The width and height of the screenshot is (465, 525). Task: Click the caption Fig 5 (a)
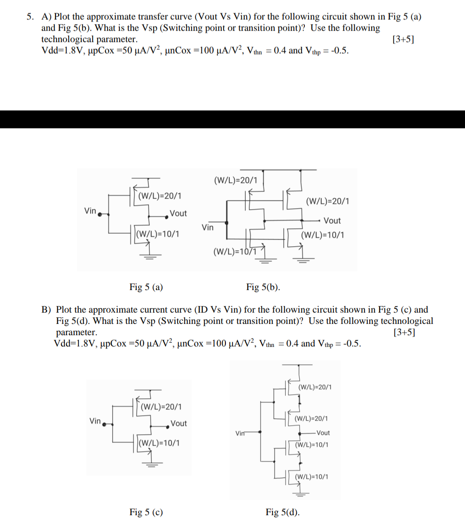pyautogui.click(x=146, y=287)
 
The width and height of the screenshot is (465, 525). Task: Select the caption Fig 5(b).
pyautogui.click(x=263, y=287)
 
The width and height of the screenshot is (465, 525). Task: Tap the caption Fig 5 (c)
pyautogui.click(x=146, y=512)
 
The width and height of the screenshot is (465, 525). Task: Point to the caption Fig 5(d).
pyautogui.click(x=283, y=512)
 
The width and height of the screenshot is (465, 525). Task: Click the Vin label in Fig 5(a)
pyautogui.click(x=90, y=211)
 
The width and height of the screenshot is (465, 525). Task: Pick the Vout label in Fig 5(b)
pyautogui.click(x=332, y=220)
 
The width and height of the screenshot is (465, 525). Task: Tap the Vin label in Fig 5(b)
pyautogui.click(x=208, y=227)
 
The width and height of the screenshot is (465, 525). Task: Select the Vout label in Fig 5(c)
pyautogui.click(x=178, y=423)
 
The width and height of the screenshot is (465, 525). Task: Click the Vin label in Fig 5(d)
pyautogui.click(x=240, y=433)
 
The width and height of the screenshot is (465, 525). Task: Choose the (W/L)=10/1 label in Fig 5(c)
pyautogui.click(x=159, y=443)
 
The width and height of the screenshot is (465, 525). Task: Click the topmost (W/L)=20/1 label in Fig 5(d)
pyautogui.click(x=315, y=387)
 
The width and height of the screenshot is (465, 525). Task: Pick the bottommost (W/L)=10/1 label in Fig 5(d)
pyautogui.click(x=311, y=477)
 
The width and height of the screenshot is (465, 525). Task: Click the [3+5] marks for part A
pyautogui.click(x=403, y=39)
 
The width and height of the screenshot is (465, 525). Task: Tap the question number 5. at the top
pyautogui.click(x=31, y=17)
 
